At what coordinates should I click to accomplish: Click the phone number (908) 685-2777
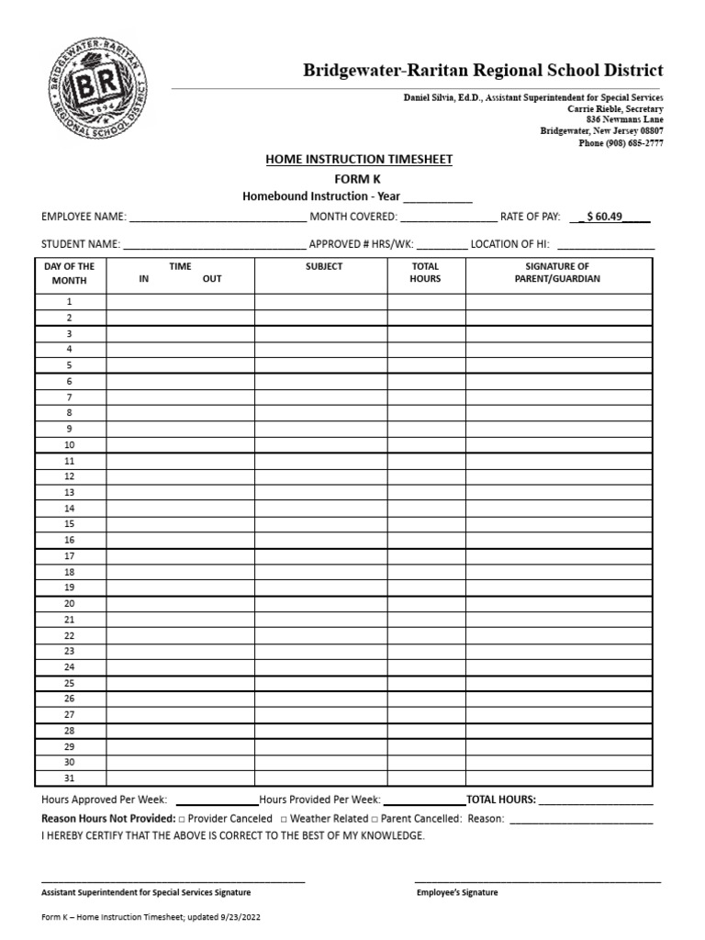click(621, 143)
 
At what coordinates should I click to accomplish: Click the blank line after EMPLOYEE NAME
click(218, 220)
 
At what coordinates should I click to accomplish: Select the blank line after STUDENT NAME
click(214, 247)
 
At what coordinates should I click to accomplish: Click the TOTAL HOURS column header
click(426, 273)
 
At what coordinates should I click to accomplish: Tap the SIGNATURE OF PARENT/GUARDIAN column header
click(558, 273)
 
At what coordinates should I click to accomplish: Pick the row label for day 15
click(69, 524)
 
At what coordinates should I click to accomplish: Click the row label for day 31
click(69, 778)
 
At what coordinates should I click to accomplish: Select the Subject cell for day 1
click(320, 301)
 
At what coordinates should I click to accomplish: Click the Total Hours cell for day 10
click(426, 444)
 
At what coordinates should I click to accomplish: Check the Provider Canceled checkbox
click(182, 819)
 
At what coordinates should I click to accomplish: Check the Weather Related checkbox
click(284, 819)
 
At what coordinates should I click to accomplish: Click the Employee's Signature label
click(457, 892)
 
